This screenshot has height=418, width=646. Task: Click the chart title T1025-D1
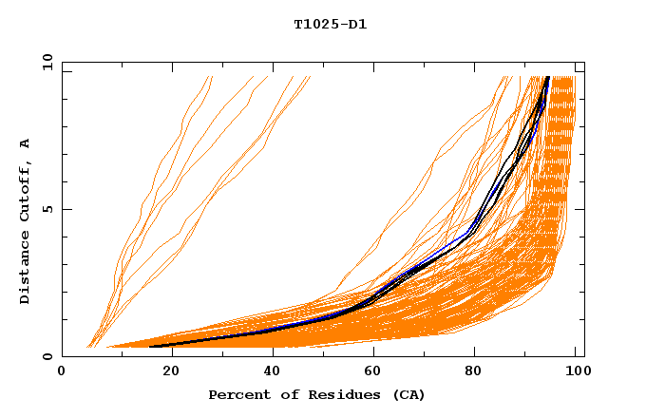coord(330,24)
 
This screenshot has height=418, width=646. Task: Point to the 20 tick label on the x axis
coord(165,372)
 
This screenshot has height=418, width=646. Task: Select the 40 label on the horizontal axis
coord(269,372)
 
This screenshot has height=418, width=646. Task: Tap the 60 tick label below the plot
coord(371,372)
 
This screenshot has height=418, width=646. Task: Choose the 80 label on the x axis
coord(475,372)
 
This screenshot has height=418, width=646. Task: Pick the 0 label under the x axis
coord(62,372)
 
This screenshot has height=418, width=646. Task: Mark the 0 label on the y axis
coord(48,357)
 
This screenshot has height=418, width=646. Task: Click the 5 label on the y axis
coord(48,209)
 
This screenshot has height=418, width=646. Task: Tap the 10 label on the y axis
coord(45,62)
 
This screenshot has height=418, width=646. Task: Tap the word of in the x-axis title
coord(282,394)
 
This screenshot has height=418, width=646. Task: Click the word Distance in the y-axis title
coord(25,267)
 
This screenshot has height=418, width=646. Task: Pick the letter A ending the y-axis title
coord(25,142)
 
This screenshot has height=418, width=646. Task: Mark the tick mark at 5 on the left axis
coord(65,209)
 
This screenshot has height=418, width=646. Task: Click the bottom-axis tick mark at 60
coord(371,353)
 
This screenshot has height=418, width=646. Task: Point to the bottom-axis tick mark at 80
coord(475,353)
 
